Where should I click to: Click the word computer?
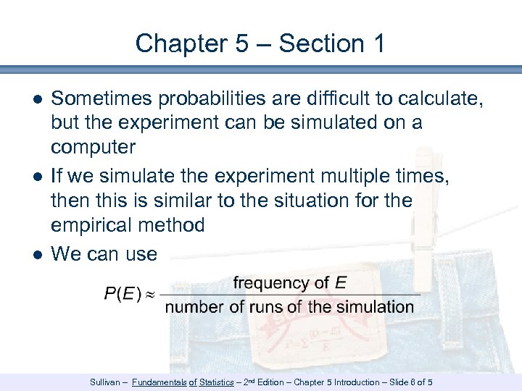(x=93, y=148)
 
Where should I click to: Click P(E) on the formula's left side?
(x=123, y=294)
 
